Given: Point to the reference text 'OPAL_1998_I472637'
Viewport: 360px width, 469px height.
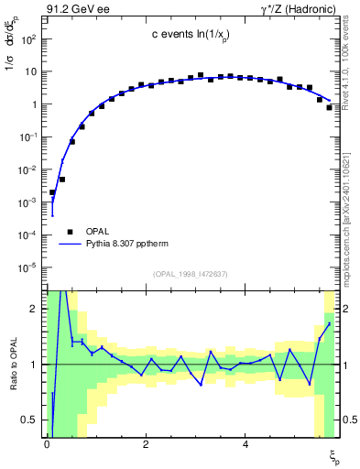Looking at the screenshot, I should coord(191,273).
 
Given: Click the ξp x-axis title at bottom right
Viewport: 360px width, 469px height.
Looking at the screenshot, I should coord(333,455).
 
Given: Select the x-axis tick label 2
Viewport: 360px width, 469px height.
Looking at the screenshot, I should coord(147,444).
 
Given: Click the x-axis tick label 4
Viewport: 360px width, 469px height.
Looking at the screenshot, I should coord(245,444).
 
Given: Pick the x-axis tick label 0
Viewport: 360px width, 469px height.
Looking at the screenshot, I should coord(47,444).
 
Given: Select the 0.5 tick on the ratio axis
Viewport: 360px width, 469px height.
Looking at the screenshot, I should coord(30,420).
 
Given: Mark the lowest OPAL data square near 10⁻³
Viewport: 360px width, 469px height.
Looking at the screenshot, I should coord(52,193).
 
